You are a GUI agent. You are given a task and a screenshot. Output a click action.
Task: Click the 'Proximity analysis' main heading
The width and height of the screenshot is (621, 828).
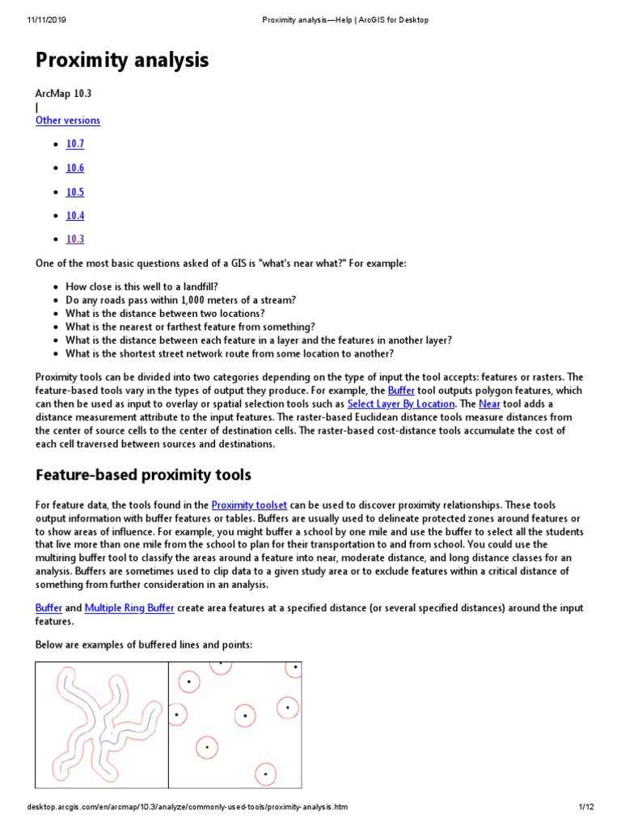tap(121, 60)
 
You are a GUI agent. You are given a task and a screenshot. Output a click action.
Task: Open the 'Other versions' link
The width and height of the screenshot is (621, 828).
tap(68, 120)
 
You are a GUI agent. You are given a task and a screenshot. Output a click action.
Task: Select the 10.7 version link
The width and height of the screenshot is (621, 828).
tap(75, 144)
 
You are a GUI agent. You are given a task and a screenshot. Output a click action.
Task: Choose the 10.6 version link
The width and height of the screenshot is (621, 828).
tap(75, 168)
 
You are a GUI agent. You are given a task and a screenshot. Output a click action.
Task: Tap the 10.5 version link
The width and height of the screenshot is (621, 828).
tap(75, 192)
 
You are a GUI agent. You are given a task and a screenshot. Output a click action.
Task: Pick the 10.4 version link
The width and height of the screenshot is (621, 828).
tap(75, 216)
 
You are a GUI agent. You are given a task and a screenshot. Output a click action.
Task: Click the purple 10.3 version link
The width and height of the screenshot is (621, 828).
tap(75, 239)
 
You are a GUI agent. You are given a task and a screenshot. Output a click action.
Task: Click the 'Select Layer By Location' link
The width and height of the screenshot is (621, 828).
tap(401, 403)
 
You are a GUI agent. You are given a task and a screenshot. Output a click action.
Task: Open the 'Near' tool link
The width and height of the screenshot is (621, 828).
tap(489, 403)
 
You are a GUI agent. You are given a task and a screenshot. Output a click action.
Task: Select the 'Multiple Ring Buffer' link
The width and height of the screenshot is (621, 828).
tap(129, 607)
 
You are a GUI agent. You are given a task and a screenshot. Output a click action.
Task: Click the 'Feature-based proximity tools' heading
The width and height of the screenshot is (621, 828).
tap(143, 475)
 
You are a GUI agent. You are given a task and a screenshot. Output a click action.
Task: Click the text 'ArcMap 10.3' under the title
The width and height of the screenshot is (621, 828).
tap(64, 93)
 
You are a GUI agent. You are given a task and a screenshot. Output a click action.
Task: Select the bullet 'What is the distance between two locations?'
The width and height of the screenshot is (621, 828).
tap(165, 314)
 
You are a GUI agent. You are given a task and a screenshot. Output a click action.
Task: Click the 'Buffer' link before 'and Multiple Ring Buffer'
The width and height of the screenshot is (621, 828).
tap(48, 607)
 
